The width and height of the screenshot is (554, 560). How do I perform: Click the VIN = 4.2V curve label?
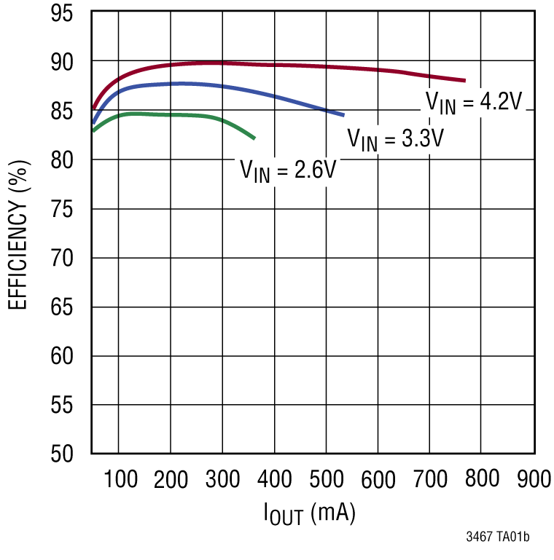(x=475, y=103)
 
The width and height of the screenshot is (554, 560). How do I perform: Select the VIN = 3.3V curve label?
(x=395, y=138)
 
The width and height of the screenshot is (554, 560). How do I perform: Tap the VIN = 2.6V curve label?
(x=288, y=171)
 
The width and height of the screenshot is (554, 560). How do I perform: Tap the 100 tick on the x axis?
(x=120, y=478)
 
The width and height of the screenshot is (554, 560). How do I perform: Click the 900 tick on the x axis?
(x=533, y=478)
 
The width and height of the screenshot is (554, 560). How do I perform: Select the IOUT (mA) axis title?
(x=309, y=514)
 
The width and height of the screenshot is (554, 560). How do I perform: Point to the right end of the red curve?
(x=464, y=80)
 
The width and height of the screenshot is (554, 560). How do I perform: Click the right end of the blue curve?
(x=343, y=114)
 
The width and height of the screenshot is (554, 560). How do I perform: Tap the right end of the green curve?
(x=254, y=138)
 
